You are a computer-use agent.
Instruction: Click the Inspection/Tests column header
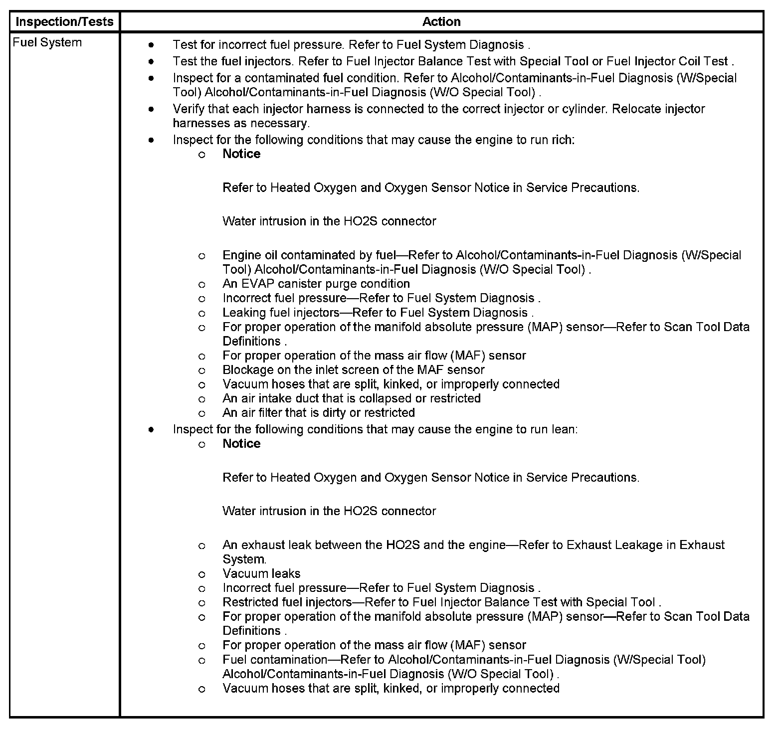tap(65, 22)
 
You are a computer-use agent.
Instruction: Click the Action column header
tap(441, 22)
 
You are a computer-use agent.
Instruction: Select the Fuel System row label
tap(47, 43)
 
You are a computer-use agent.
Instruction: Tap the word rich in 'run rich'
tap(563, 140)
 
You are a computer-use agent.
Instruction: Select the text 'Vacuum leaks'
tap(261, 573)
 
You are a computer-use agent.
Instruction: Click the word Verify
tap(189, 109)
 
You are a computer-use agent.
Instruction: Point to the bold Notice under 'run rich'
tap(241, 154)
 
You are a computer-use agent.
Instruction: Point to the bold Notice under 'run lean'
tap(241, 444)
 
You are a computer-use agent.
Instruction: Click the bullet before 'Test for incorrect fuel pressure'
tap(151, 45)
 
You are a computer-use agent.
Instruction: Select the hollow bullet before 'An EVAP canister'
tap(201, 285)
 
